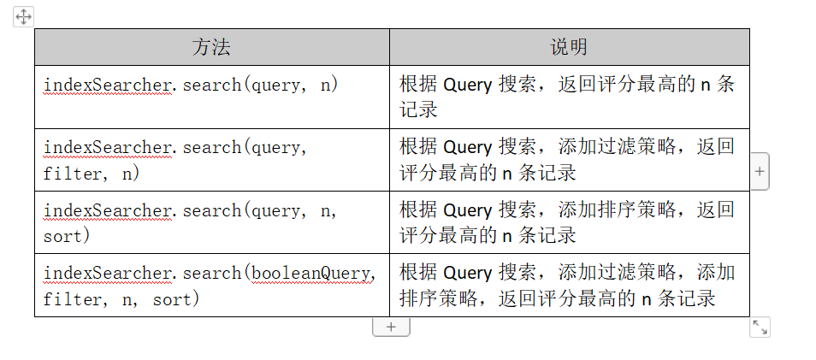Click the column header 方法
click(211, 47)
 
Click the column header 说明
click(570, 47)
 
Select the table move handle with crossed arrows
click(23, 17)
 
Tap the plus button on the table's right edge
click(760, 171)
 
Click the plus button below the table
click(391, 328)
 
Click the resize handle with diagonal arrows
click(760, 328)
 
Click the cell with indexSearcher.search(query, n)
click(212, 97)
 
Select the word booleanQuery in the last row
click(312, 273)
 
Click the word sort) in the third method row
click(67, 236)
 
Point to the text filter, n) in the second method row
click(92, 174)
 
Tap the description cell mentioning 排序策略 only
click(570, 222)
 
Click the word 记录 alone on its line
click(419, 109)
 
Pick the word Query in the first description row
click(467, 85)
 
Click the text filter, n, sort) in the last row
click(121, 299)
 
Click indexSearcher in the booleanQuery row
click(107, 273)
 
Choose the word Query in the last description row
click(467, 273)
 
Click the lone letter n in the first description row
click(705, 86)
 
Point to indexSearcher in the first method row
click(107, 85)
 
